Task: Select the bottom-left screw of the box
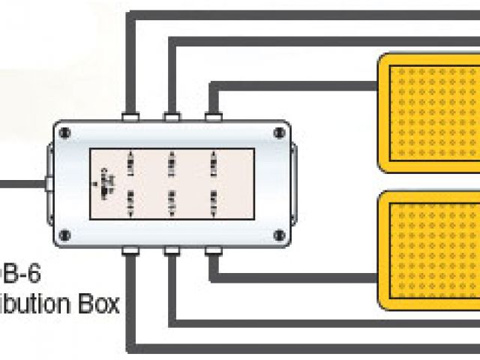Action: (66, 235)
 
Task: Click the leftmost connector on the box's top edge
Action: (130, 117)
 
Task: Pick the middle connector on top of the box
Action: (172, 117)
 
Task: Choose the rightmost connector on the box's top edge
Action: (213, 117)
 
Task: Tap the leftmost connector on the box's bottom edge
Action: (130, 250)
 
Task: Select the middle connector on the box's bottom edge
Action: (172, 250)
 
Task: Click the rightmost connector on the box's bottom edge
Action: (213, 250)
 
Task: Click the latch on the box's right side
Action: (294, 183)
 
